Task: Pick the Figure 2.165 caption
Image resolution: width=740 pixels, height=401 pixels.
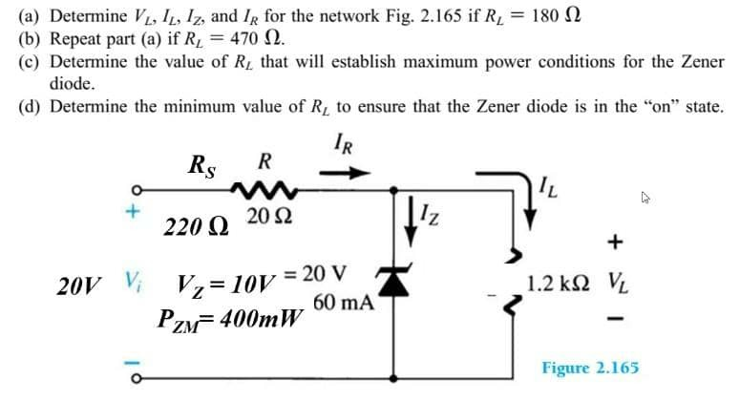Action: (590, 368)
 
